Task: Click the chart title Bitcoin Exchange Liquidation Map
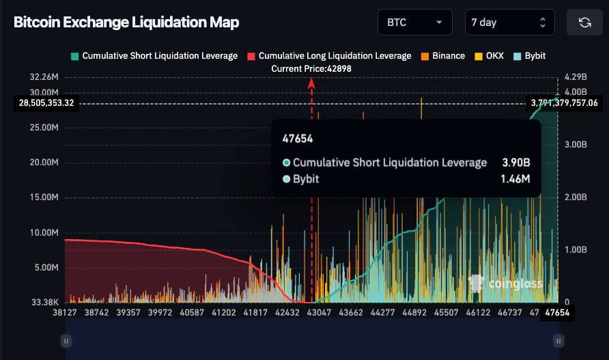(x=126, y=23)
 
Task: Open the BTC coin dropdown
(x=414, y=23)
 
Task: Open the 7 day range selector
(x=509, y=23)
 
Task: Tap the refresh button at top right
(x=584, y=23)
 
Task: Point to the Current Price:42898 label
(x=311, y=68)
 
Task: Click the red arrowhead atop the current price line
(x=311, y=83)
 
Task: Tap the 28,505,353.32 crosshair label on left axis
(x=46, y=103)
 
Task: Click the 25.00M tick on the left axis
(x=46, y=128)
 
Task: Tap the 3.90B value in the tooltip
(x=516, y=163)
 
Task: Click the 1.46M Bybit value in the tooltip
(x=515, y=179)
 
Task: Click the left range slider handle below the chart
(x=66, y=340)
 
